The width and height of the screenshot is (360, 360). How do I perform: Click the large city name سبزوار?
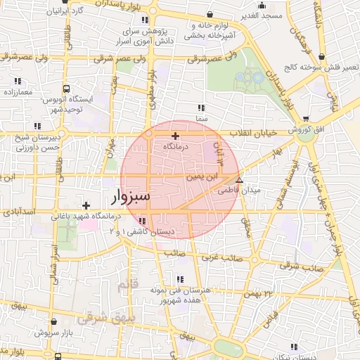(130, 196)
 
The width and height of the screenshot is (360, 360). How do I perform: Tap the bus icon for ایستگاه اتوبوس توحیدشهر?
(66, 89)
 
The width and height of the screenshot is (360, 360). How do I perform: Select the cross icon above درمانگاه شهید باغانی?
(86, 206)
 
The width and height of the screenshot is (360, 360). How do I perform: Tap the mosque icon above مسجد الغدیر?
(262, 5)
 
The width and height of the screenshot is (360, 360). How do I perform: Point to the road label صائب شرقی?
(293, 265)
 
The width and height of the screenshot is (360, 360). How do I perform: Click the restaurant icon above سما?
(201, 108)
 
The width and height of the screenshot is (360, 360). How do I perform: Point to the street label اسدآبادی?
(20, 210)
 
